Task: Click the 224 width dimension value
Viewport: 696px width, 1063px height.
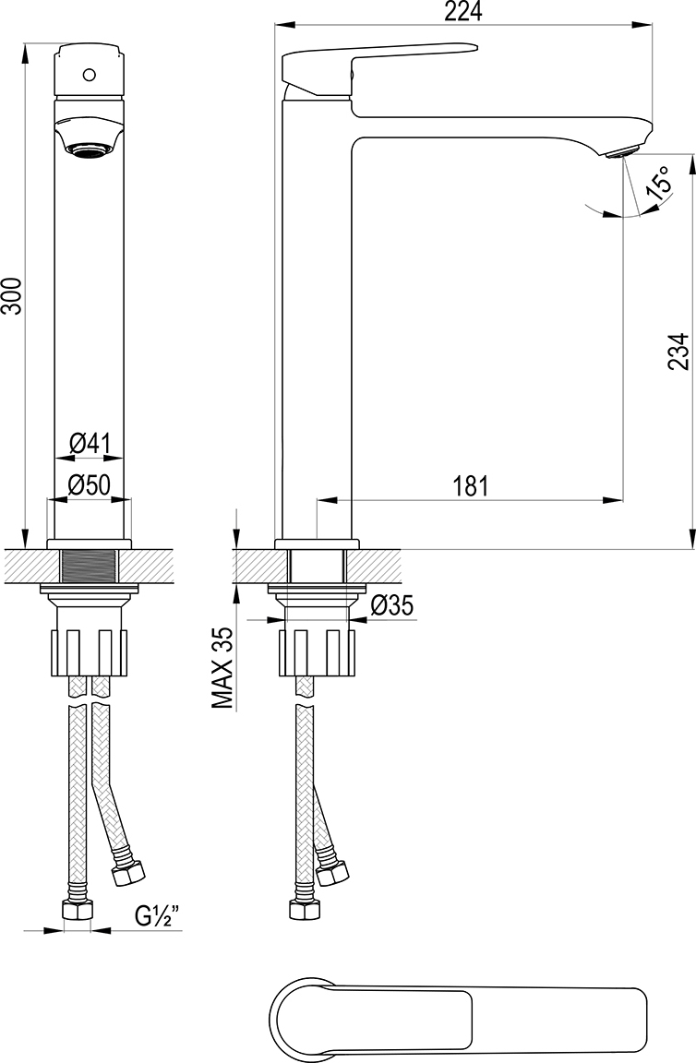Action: click(x=462, y=11)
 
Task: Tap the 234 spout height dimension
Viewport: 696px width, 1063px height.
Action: click(x=678, y=352)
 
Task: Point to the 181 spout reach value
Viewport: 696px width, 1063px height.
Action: click(x=470, y=486)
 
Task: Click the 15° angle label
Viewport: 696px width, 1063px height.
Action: click(x=660, y=183)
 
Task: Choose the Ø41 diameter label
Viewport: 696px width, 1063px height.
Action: click(x=90, y=445)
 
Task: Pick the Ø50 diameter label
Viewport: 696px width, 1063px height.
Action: click(x=90, y=484)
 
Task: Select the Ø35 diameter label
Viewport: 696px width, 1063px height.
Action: click(x=393, y=605)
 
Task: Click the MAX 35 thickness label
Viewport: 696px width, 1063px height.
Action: click(x=222, y=668)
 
